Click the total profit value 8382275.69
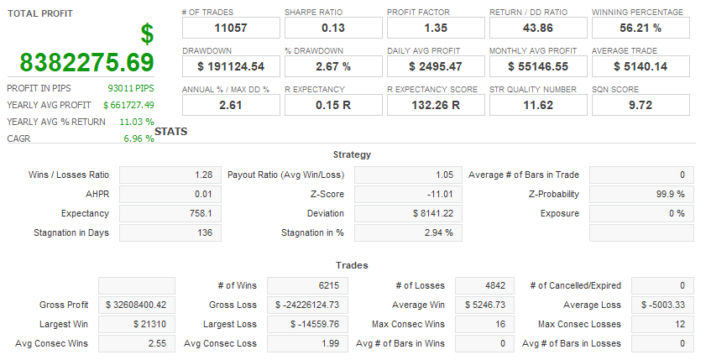point(86,62)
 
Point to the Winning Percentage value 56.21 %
point(640,29)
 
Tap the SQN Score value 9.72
point(640,105)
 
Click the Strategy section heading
point(352,155)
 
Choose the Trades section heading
point(352,266)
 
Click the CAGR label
point(18,138)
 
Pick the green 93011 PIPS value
point(131,88)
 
